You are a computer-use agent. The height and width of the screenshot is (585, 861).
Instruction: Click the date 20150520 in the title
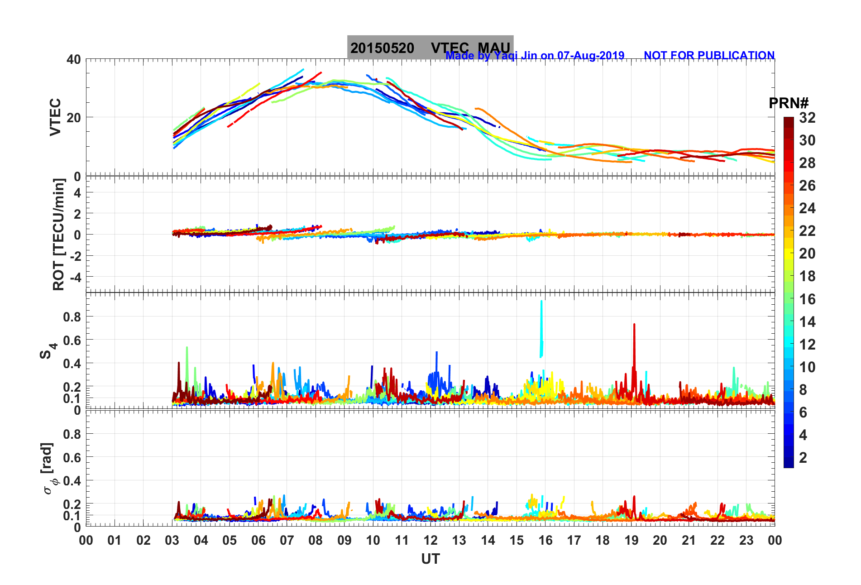[382, 48]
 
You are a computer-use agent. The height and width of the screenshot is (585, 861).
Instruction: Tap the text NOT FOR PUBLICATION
[709, 55]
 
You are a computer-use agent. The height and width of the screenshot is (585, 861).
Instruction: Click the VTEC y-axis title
[55, 117]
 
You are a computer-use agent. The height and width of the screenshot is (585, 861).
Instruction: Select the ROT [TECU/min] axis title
[59, 234]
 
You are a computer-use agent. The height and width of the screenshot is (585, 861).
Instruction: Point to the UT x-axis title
[430, 559]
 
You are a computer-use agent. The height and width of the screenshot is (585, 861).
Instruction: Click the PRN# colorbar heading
[789, 103]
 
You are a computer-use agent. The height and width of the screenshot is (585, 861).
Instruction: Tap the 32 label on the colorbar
[807, 118]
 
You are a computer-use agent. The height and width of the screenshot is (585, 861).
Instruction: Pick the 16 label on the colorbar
[807, 299]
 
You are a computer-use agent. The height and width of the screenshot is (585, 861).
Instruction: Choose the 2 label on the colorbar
[803, 458]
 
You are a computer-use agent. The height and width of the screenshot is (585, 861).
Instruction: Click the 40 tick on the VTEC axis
[73, 59]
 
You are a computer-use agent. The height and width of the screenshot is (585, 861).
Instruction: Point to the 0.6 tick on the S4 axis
[72, 340]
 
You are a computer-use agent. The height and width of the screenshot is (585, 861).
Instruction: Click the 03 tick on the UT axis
[172, 540]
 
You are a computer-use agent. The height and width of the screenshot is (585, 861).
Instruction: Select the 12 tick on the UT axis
[430, 540]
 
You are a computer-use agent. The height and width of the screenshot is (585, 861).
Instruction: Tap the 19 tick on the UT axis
[631, 540]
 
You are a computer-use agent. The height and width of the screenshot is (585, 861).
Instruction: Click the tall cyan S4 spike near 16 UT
[541, 326]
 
